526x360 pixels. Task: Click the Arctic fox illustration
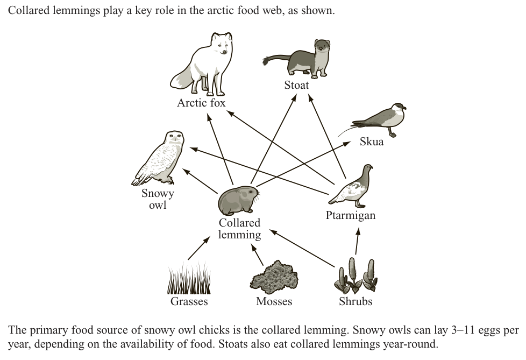(200, 63)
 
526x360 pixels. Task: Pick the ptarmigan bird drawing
(352, 187)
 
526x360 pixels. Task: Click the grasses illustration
(189, 279)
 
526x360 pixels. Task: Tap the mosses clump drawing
(274, 278)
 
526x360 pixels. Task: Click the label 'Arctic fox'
(201, 103)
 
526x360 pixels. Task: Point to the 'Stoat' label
(297, 85)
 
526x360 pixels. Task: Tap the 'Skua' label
(372, 142)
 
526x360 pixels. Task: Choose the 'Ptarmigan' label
(351, 216)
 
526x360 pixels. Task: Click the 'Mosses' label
(274, 301)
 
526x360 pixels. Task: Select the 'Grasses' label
(189, 301)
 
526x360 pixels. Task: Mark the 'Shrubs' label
(356, 301)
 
